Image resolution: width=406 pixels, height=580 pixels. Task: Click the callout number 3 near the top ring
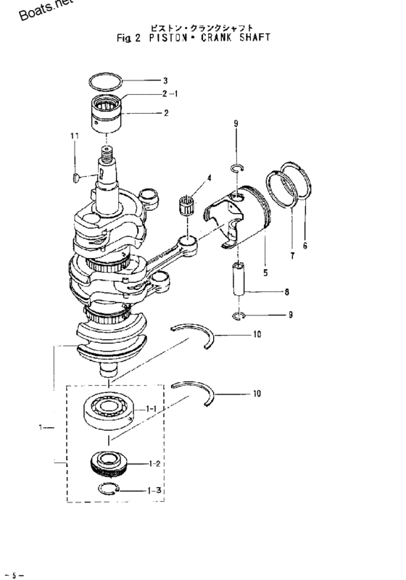[165, 80]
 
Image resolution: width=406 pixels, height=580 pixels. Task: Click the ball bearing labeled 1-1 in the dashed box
[107, 410]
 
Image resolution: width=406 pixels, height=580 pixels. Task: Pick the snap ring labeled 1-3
[108, 489]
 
